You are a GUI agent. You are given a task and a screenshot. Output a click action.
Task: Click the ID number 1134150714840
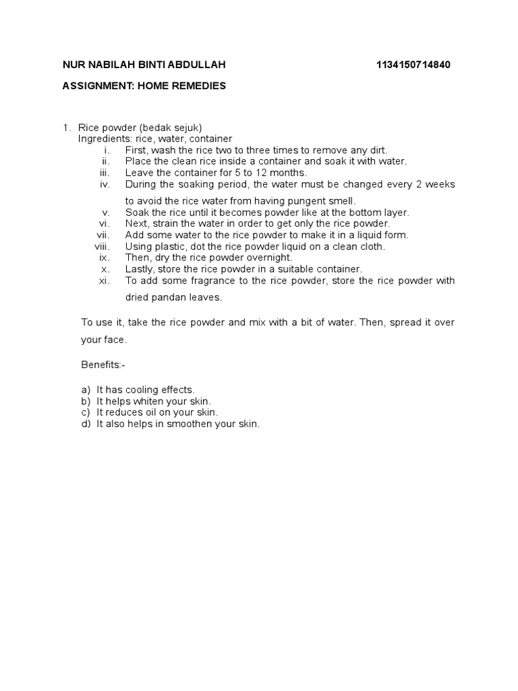413,65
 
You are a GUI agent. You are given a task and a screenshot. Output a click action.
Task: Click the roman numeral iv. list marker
105,184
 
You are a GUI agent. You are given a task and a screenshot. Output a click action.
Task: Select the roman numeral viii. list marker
102,246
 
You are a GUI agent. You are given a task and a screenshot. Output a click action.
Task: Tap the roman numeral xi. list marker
105,280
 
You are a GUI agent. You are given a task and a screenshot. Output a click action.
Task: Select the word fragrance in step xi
206,280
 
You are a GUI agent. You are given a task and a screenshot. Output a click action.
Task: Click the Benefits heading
103,365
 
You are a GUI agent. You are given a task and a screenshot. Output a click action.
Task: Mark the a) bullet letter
86,390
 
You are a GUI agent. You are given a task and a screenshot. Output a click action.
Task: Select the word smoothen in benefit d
194,424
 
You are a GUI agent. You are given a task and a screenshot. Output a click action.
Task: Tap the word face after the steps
114,339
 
